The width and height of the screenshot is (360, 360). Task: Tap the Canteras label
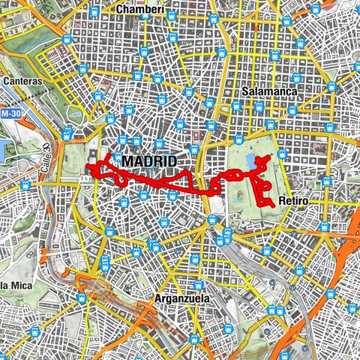tap(20, 80)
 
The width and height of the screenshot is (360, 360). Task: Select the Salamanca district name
tap(270, 91)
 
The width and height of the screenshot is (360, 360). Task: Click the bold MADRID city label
tap(148, 162)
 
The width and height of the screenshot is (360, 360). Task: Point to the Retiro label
tap(292, 201)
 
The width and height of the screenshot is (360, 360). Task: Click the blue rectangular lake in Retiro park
tap(249, 161)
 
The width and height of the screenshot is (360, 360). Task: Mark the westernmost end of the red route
tap(88, 166)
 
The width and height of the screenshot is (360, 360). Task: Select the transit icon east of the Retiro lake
tap(283, 154)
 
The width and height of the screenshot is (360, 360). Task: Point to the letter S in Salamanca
tap(246, 91)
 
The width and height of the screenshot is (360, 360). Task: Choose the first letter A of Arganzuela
tap(157, 298)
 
